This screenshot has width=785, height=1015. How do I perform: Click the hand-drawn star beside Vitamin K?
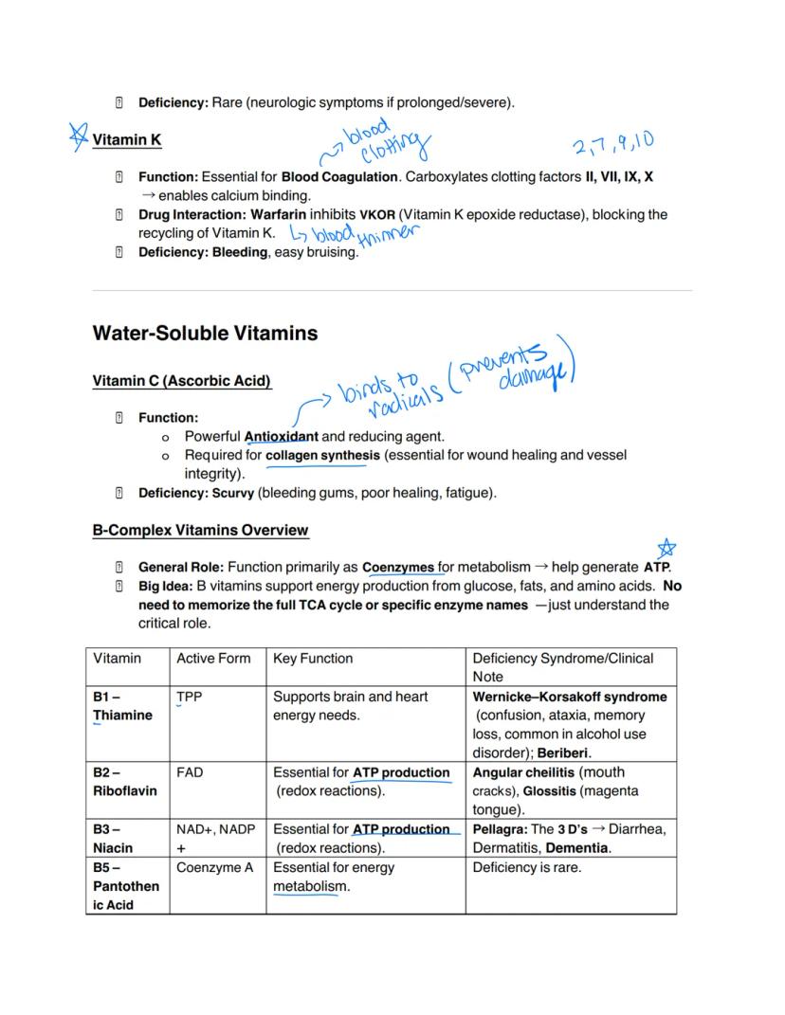pos(79,136)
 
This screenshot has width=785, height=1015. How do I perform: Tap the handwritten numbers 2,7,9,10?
pos(612,144)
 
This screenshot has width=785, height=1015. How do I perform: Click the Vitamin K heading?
pos(126,140)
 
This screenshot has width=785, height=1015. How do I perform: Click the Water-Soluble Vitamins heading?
pos(205,334)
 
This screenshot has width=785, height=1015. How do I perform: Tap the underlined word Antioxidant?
pos(281,437)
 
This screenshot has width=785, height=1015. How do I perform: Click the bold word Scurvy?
pos(233,493)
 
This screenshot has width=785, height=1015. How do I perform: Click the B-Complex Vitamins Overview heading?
pos(200,530)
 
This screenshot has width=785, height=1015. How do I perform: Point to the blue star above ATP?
pos(666,548)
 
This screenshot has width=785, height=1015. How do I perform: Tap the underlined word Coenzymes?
pos(398,568)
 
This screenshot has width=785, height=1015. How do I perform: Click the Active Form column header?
pos(213,659)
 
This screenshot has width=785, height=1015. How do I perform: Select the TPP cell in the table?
pos(189,697)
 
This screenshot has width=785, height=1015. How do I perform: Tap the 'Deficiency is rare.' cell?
pos(526,867)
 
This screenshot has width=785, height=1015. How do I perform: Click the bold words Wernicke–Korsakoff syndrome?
pos(569,697)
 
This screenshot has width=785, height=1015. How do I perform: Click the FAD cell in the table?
pos(189,772)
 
